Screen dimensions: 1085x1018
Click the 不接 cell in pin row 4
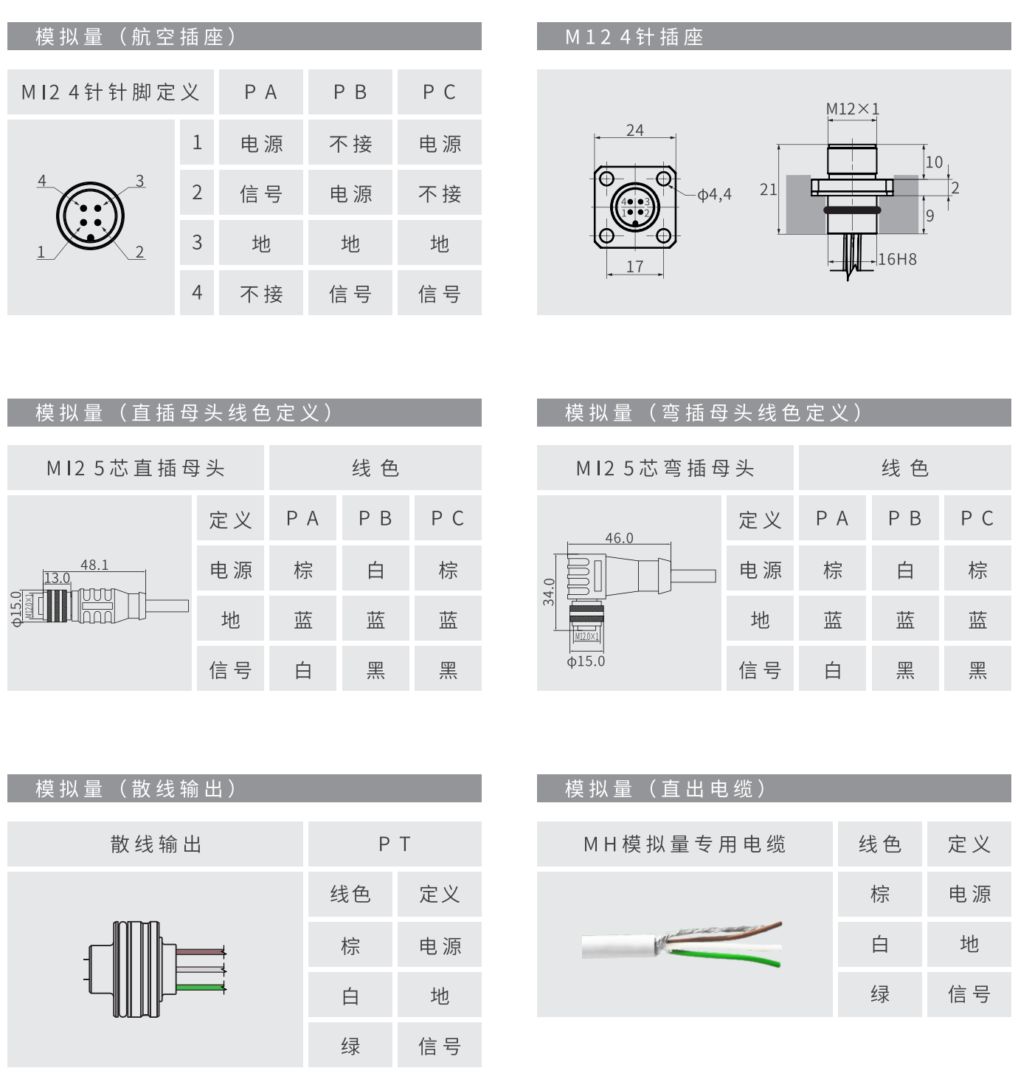(261, 293)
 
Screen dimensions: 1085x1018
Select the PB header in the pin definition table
(350, 92)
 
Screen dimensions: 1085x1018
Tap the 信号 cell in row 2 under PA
(261, 193)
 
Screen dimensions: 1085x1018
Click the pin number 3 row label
(197, 243)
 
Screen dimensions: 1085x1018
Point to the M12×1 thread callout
(852, 109)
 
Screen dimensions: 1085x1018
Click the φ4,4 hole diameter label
(714, 195)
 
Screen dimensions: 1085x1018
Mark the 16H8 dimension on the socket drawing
(897, 259)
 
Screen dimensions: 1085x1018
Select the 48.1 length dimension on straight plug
(94, 565)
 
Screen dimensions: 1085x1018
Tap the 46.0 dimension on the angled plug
(619, 538)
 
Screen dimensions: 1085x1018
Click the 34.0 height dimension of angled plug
(549, 592)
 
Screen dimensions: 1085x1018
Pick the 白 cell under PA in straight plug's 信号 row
(303, 669)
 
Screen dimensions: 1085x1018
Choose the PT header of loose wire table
(395, 844)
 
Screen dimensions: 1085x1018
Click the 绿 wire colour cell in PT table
(350, 1045)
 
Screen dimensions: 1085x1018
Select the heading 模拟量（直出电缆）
(666, 789)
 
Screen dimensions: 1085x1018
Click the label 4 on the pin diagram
(42, 181)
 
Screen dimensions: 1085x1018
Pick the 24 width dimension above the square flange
(634, 131)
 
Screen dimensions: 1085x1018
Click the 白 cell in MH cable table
(879, 944)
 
